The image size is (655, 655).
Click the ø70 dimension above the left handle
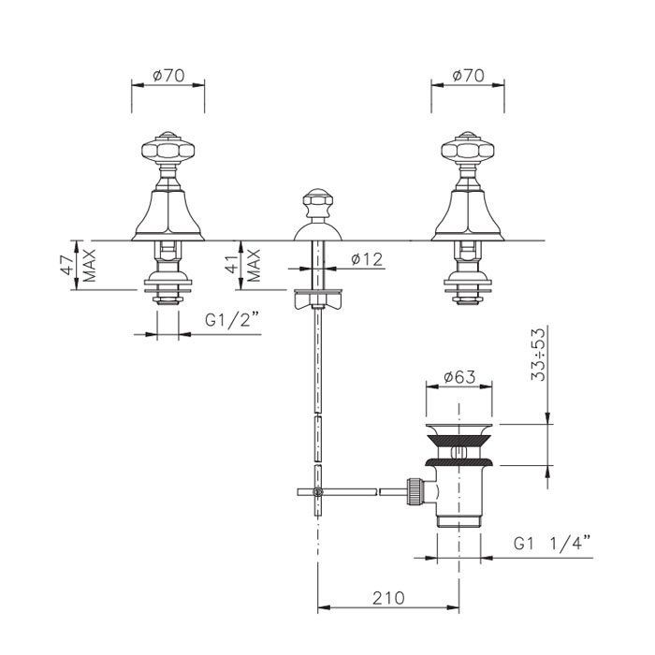click(x=168, y=76)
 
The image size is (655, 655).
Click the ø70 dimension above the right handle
click(x=468, y=76)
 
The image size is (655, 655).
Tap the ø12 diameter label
click(x=367, y=259)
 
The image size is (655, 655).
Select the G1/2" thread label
click(x=232, y=321)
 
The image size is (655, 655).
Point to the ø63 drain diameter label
click(x=459, y=377)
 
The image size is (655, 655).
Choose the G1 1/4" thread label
click(x=551, y=544)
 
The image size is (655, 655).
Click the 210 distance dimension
click(x=388, y=598)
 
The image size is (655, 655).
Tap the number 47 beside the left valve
click(x=67, y=265)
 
